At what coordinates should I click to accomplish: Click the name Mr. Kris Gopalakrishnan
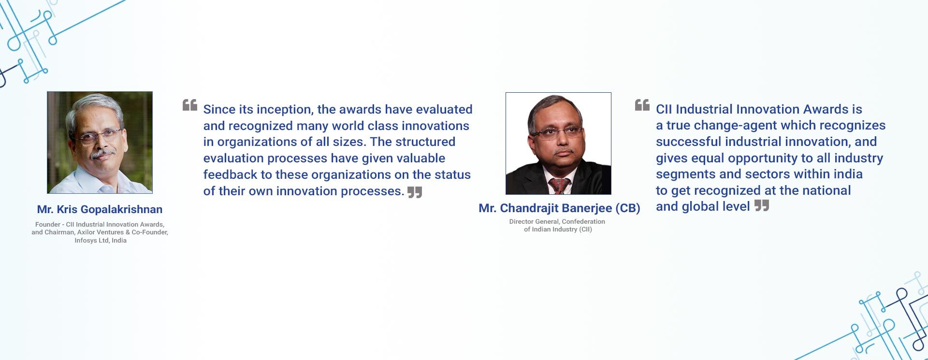[x=100, y=210]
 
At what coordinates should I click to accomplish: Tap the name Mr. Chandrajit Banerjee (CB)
[x=559, y=208]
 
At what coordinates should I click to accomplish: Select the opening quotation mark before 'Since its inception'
[x=190, y=105]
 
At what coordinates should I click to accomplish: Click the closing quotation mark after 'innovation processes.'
[x=415, y=192]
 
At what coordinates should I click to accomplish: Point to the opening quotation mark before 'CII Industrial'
[x=642, y=105]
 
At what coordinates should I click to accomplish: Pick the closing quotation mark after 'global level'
[x=762, y=206]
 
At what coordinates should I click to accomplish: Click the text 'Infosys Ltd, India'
[x=101, y=241]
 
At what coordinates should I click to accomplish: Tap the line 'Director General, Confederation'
[x=557, y=222]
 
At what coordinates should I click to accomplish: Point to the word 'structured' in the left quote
[x=425, y=142]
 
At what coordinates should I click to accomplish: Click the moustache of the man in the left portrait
[x=103, y=153]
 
